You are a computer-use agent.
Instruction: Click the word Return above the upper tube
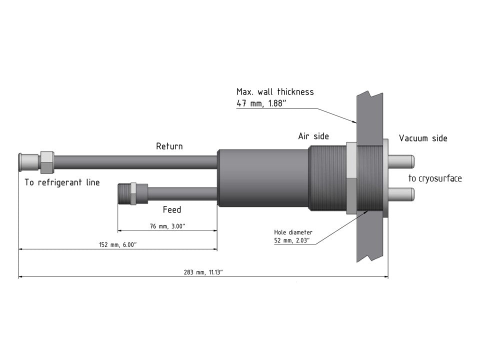pyautogui.click(x=169, y=146)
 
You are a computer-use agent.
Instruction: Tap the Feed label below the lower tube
pyautogui.click(x=172, y=209)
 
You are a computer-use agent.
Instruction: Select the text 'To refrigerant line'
pyautogui.click(x=62, y=182)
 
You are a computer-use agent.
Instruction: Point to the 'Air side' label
pyautogui.click(x=313, y=136)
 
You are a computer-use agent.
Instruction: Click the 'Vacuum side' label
pyautogui.click(x=423, y=138)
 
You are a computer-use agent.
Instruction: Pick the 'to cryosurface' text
pyautogui.click(x=435, y=178)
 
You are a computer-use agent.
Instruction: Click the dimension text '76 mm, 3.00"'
pyautogui.click(x=167, y=226)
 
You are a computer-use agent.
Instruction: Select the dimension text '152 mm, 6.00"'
pyautogui.click(x=118, y=244)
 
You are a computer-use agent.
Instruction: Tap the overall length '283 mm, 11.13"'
pyautogui.click(x=203, y=272)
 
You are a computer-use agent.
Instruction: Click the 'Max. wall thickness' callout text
pyautogui.click(x=275, y=91)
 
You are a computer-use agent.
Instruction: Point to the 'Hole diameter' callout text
pyautogui.click(x=293, y=232)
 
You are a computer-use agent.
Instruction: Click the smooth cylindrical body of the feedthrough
pyautogui.click(x=263, y=178)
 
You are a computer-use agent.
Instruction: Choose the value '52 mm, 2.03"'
pyautogui.click(x=291, y=240)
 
